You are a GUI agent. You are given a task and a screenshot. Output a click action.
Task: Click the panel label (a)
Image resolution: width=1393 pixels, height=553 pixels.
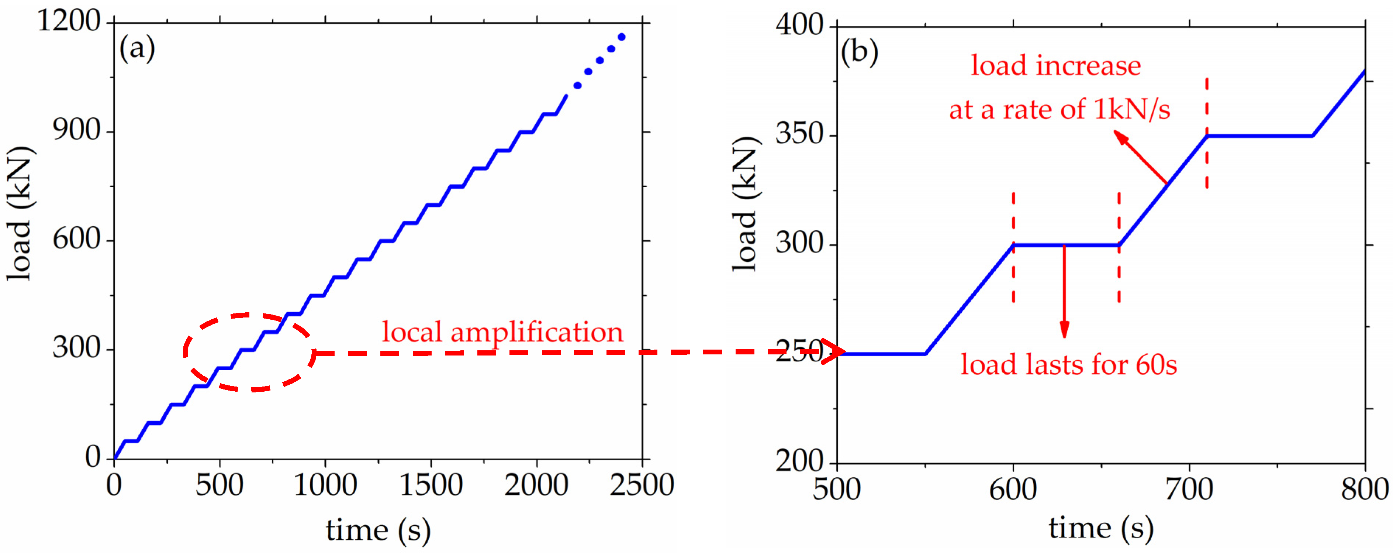click(137, 49)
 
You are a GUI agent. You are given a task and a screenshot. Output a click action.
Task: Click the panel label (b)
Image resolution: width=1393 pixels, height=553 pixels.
click(859, 52)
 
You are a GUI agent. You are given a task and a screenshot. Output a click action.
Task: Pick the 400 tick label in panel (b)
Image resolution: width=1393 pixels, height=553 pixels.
click(799, 25)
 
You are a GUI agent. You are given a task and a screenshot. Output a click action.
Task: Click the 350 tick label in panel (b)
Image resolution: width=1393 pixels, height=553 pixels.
click(799, 134)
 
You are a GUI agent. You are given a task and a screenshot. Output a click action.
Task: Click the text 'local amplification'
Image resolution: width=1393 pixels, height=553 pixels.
click(502, 332)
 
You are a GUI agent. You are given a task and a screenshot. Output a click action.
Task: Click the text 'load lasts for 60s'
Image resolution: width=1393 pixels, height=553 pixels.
click(1068, 365)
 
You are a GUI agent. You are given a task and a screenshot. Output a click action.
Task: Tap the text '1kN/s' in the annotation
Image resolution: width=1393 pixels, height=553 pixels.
click(1132, 110)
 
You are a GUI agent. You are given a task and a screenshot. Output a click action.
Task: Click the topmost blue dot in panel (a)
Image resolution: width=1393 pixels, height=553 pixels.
click(622, 37)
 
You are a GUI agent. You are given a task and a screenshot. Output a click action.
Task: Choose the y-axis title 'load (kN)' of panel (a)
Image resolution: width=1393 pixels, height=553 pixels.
click(20, 213)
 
